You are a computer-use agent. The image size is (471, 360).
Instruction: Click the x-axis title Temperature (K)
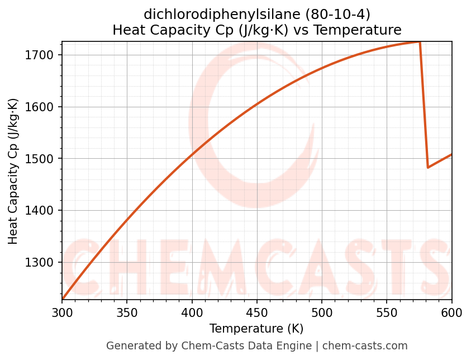(x=256, y=329)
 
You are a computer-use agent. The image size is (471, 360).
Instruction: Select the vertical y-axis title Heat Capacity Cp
(x=13, y=171)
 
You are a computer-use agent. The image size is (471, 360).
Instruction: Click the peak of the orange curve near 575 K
(x=420, y=42)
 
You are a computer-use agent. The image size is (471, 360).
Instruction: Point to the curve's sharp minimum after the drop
(x=428, y=167)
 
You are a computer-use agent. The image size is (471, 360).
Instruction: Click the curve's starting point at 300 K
(x=63, y=299)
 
